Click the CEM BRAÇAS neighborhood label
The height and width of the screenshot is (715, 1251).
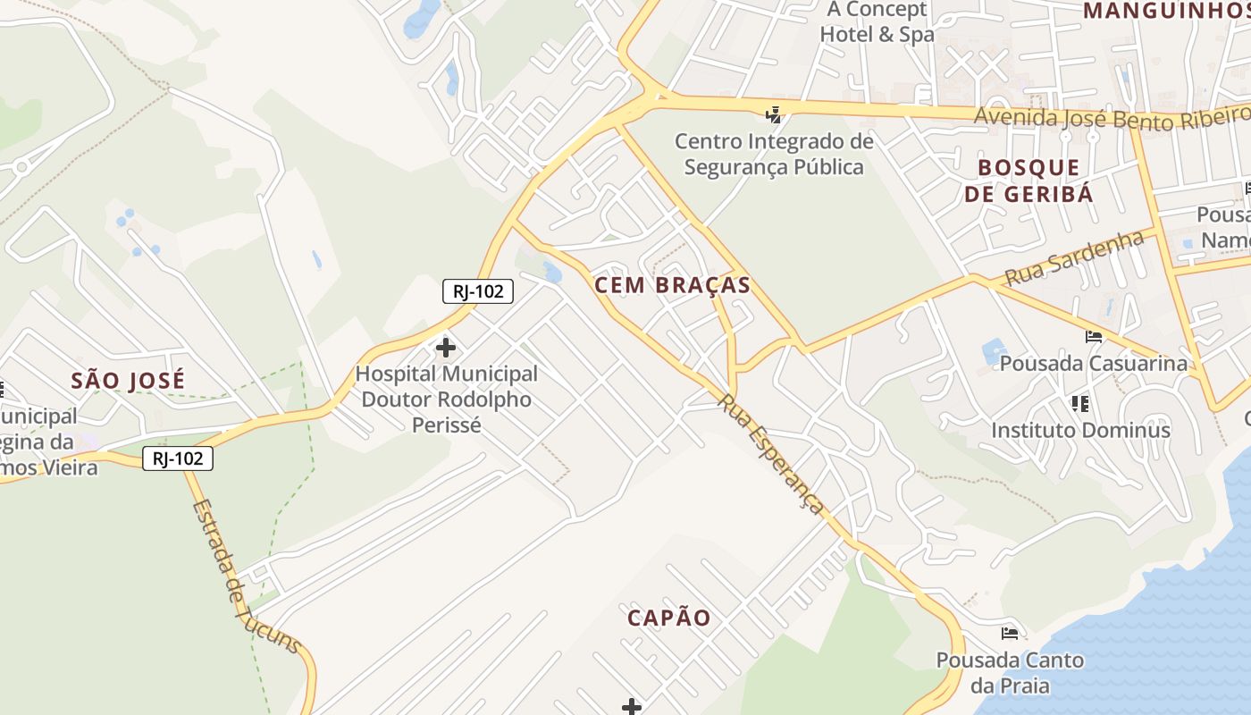tap(672, 285)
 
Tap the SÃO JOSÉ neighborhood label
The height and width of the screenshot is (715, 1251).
tap(128, 381)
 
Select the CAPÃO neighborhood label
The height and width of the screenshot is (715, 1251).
tap(669, 618)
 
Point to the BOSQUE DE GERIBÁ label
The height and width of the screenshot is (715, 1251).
tap(1029, 181)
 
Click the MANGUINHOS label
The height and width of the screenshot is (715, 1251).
tap(1166, 11)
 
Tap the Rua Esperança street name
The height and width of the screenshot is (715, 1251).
tap(771, 454)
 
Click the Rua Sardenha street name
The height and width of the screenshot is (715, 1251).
tap(1074, 258)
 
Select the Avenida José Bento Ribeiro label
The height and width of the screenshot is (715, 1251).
tap(1112, 117)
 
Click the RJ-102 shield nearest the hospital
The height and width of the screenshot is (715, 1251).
tap(478, 290)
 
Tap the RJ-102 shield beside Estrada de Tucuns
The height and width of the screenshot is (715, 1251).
tap(178, 459)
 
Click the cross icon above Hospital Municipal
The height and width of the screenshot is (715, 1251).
tap(445, 348)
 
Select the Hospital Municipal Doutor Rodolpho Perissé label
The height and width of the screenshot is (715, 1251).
tap(446, 399)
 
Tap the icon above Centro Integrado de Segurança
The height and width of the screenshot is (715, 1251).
tap(774, 114)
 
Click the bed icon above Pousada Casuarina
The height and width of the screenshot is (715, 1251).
tap(1094, 337)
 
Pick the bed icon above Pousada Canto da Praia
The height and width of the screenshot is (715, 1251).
tap(1010, 634)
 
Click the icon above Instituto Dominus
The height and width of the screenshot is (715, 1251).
tap(1080, 404)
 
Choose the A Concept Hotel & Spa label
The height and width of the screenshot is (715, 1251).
tap(877, 22)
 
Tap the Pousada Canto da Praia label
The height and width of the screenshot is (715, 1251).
tap(1010, 673)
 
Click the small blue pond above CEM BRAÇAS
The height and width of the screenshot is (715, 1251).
tap(552, 273)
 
